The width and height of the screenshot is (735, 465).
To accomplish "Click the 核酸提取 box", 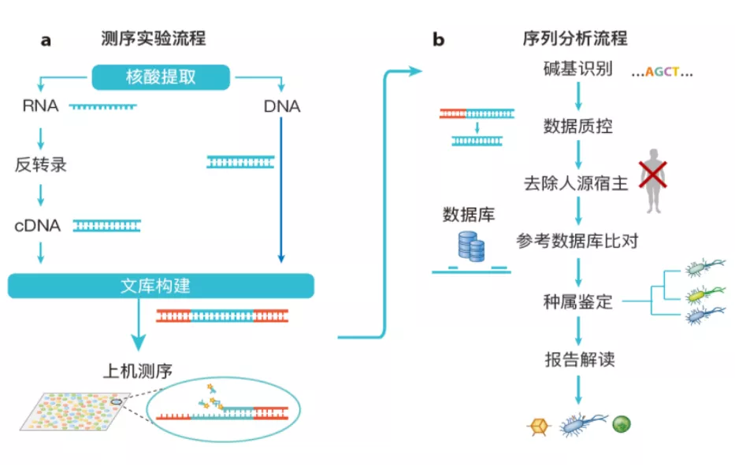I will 161,77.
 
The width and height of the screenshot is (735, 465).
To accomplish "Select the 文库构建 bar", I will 161,286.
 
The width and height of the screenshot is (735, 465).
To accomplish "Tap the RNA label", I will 40,105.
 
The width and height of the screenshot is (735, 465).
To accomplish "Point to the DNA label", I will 282,106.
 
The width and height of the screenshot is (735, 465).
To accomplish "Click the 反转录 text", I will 40,165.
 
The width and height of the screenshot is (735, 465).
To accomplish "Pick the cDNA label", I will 37,226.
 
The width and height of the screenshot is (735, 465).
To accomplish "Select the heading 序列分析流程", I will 575,37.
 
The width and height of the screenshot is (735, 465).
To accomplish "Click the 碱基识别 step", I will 578,68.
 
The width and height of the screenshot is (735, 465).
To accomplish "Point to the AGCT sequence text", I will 663,72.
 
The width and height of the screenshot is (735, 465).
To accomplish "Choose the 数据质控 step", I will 578,126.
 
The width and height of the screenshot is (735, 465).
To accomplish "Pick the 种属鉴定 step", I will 578,301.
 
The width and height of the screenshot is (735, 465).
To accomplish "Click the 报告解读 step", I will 579,360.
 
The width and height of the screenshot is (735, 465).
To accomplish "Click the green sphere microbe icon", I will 622,425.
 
